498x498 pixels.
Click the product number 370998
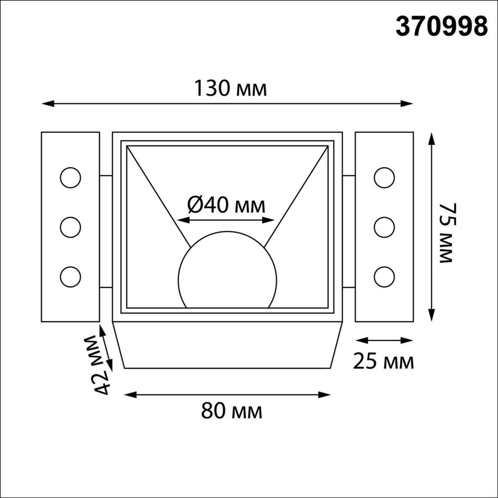pyautogui.click(x=441, y=26)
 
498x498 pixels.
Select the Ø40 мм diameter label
pyautogui.click(x=226, y=205)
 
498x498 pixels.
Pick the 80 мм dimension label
pyautogui.click(x=232, y=411)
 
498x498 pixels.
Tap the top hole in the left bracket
pyautogui.click(x=70, y=178)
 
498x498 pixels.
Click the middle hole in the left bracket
pyautogui.click(x=70, y=227)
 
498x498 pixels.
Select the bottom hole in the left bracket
pyautogui.click(x=70, y=275)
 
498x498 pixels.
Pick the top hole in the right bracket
pyautogui.click(x=384, y=178)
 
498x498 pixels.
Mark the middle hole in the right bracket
pyautogui.click(x=384, y=227)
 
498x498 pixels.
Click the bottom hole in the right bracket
pyautogui.click(x=384, y=275)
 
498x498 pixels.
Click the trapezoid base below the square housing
pyautogui.click(x=227, y=345)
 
